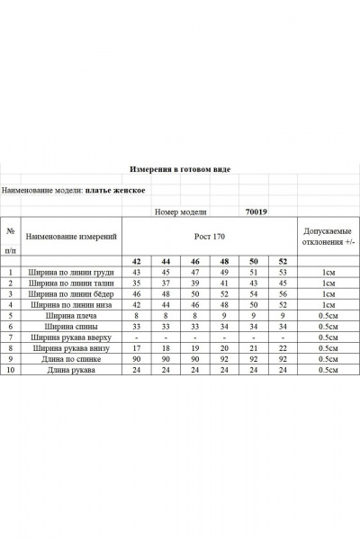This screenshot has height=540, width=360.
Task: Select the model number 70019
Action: [x=256, y=212]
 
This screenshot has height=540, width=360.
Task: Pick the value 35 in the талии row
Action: [x=137, y=283]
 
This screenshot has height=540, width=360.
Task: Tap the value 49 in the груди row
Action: [x=224, y=271]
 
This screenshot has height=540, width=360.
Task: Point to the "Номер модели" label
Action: [x=180, y=212]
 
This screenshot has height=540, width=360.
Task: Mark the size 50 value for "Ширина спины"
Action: [x=254, y=327]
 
